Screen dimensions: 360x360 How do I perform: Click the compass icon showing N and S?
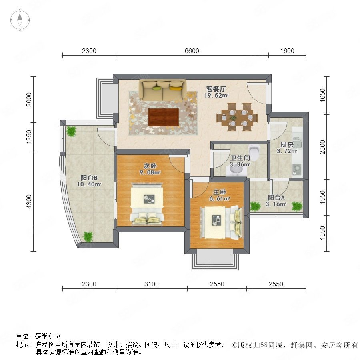(20, 20)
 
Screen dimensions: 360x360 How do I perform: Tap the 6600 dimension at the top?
(192, 51)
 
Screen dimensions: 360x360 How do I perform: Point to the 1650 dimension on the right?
(322, 95)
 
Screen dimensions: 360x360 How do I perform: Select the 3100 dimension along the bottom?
(152, 284)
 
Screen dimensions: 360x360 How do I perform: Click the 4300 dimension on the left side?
(29, 201)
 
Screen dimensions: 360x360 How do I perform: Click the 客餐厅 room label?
(216, 89)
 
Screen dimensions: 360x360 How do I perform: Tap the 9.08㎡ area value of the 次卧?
(150, 172)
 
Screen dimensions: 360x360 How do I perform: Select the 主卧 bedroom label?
(220, 192)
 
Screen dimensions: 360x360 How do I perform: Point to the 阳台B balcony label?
(89, 178)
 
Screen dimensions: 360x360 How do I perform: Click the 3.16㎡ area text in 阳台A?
(276, 204)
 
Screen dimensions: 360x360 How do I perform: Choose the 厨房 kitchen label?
(287, 145)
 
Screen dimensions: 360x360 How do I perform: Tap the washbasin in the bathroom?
(236, 171)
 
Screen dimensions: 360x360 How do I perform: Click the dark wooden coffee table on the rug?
(164, 117)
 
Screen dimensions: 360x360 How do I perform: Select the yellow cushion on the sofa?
(176, 88)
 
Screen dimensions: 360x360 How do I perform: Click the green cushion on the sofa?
(156, 88)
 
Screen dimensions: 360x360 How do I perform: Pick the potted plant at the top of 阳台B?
(71, 131)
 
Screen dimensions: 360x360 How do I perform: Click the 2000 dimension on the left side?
(29, 100)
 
